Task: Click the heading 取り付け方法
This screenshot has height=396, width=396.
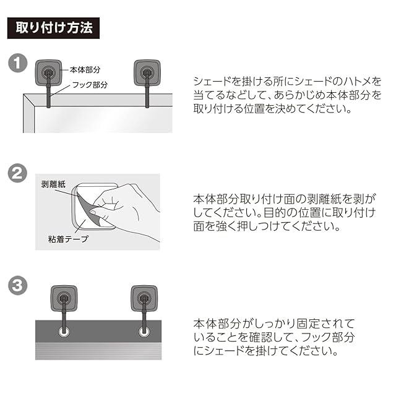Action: click(x=54, y=28)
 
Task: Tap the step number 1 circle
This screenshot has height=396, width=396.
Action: click(x=18, y=63)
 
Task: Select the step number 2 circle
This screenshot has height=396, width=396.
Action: click(x=17, y=173)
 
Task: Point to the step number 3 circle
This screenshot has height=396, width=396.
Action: click(x=18, y=286)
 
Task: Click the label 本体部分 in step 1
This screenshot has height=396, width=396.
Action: click(x=85, y=70)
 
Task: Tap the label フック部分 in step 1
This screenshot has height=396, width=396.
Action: click(x=90, y=85)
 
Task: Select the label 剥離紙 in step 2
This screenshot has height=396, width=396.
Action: click(x=53, y=184)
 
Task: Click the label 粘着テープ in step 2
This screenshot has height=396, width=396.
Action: click(x=68, y=239)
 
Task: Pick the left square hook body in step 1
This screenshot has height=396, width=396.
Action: click(x=48, y=72)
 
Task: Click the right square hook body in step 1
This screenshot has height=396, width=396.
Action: click(x=147, y=72)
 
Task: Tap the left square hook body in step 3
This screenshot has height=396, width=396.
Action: click(x=64, y=298)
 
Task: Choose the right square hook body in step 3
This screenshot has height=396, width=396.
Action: click(x=144, y=298)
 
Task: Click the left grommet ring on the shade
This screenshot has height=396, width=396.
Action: click(x=64, y=332)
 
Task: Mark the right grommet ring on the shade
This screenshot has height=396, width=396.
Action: click(x=144, y=332)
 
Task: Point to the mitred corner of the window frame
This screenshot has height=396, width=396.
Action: click(x=29, y=100)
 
